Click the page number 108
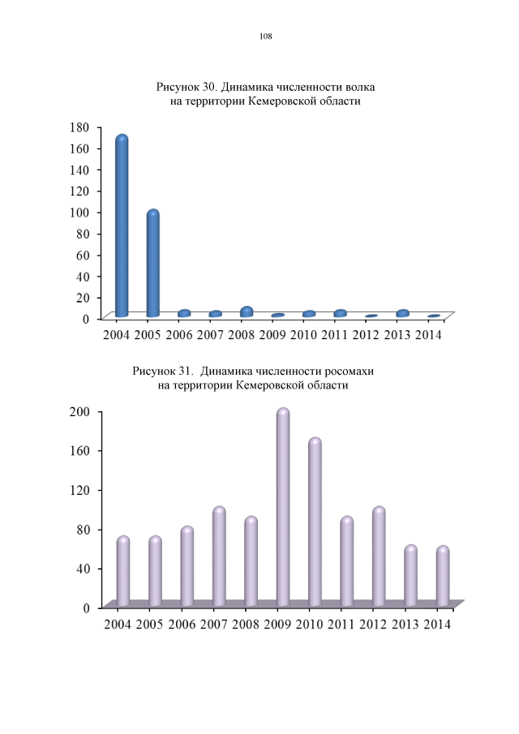click(x=265, y=36)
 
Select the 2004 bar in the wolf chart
click(x=122, y=227)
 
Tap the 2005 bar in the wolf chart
click(x=152, y=264)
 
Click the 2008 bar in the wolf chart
click(x=247, y=311)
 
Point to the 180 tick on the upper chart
click(x=79, y=127)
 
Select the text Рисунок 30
click(x=187, y=86)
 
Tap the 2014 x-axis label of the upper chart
click(x=428, y=335)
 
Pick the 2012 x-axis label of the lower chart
click(x=373, y=625)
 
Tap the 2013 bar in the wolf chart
click(x=403, y=313)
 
